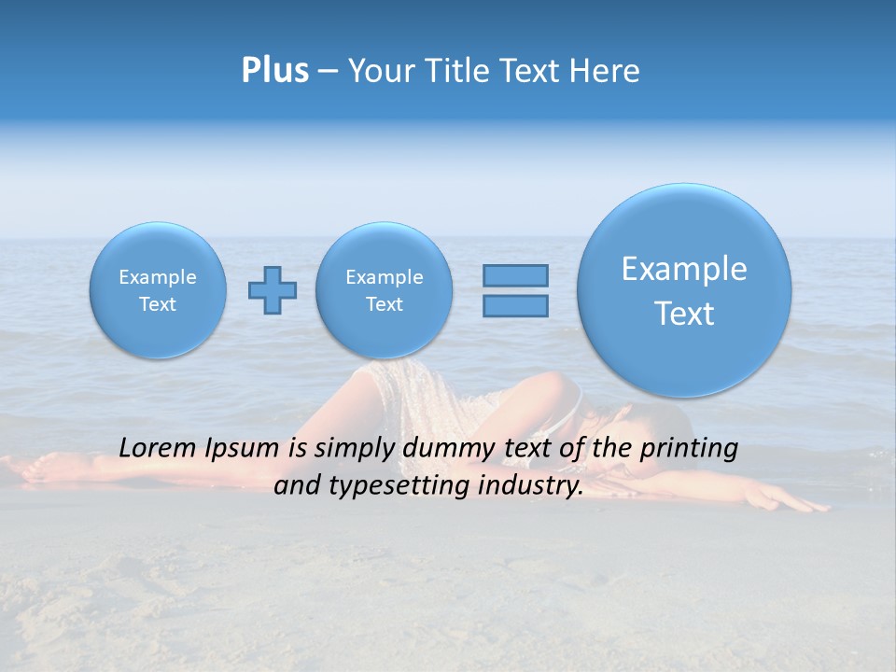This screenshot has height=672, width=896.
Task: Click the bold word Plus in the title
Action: point(274,70)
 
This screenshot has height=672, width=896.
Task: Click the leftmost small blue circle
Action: point(158,290)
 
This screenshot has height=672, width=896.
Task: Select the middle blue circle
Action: point(385,290)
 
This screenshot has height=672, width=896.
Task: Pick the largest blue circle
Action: point(684,290)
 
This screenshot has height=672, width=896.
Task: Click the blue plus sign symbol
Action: point(272,290)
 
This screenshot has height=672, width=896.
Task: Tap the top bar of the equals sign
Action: point(515,275)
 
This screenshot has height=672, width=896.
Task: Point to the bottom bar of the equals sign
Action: point(515,305)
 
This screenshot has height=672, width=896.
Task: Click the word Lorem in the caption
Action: point(159,448)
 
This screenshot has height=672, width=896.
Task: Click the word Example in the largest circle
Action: point(684,270)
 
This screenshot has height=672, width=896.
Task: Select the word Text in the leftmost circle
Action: point(158,304)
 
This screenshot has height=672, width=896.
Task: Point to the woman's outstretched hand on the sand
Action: point(801,505)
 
